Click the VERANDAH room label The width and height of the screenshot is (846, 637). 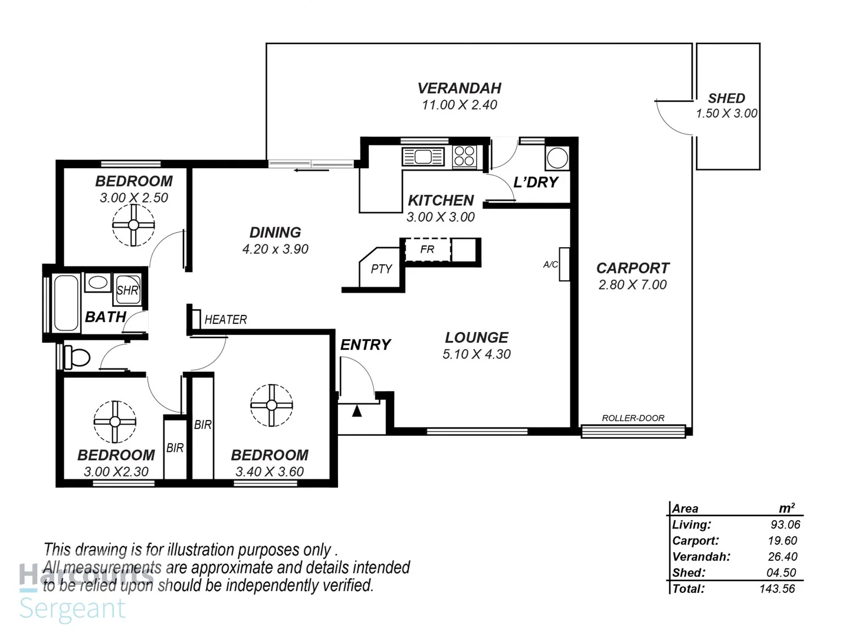459,88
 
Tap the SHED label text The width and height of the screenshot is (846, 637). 726,98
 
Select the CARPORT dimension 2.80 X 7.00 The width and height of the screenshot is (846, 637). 632,285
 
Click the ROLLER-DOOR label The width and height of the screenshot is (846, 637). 633,418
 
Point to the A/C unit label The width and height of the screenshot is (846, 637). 550,265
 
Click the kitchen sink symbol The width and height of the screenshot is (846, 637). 423,157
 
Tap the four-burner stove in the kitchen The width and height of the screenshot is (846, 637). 464,157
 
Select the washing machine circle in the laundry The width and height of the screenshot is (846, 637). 557,158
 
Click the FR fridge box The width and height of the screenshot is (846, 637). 427,249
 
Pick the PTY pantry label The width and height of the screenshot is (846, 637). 381,269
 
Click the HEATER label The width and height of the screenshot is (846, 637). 225,320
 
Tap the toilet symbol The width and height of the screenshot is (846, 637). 77,357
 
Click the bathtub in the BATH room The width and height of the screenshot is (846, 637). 65,303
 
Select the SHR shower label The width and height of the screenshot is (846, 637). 127,290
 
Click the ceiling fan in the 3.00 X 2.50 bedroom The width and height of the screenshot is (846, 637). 133,225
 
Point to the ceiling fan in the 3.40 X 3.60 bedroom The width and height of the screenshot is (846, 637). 271,405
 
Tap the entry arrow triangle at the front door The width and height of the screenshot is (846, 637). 357,411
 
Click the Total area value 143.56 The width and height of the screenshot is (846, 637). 777,589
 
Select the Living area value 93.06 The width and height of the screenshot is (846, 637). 785,525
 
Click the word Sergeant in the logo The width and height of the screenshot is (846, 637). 73,609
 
